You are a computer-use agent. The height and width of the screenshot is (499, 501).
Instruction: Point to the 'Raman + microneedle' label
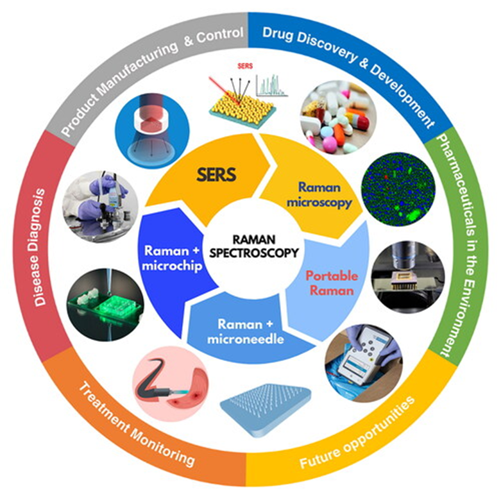point(245,332)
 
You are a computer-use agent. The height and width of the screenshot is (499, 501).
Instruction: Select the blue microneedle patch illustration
point(266,406)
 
